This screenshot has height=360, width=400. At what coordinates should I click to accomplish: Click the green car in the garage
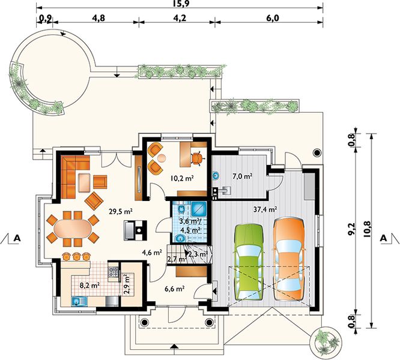[249, 262]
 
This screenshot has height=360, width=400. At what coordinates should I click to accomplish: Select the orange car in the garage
[288, 259]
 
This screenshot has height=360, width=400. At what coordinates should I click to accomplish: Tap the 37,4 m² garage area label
[265, 209]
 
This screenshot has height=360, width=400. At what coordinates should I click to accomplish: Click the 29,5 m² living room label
[121, 211]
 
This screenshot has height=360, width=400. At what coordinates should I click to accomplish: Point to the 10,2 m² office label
[182, 178]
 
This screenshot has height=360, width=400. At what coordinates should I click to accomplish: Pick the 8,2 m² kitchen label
[89, 286]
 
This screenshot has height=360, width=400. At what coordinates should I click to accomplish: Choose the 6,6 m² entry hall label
[175, 289]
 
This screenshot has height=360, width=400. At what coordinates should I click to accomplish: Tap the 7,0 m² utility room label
[243, 176]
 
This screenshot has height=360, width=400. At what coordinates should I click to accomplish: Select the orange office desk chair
[198, 158]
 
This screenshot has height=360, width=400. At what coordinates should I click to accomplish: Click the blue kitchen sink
[80, 302]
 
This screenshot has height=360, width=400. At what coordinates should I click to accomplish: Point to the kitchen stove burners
[113, 272]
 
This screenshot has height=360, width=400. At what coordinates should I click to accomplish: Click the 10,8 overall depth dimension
[366, 229]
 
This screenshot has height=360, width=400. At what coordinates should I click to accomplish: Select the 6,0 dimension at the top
[273, 18]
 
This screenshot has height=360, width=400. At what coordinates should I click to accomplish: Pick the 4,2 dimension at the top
[179, 18]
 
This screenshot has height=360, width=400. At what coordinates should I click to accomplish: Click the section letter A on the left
[17, 238]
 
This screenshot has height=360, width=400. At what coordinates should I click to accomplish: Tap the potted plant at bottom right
[325, 340]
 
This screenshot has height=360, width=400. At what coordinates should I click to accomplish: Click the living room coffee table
[84, 182]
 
